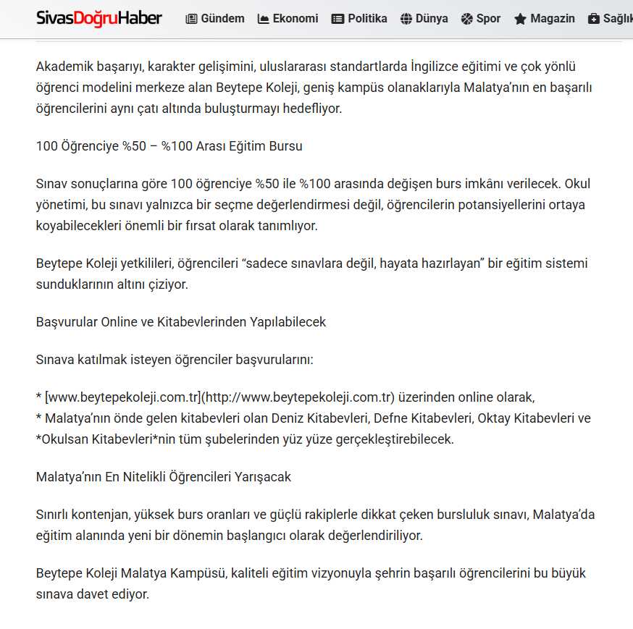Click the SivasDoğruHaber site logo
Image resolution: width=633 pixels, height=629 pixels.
pyautogui.click(x=99, y=18)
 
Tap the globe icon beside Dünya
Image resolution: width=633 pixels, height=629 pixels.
pyautogui.click(x=406, y=19)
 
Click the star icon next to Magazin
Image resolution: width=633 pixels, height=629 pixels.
pyautogui.click(x=520, y=19)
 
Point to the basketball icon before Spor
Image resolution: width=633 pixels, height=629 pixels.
pyautogui.click(x=466, y=19)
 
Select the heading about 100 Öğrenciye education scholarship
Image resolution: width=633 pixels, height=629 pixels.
pyautogui.click(x=169, y=146)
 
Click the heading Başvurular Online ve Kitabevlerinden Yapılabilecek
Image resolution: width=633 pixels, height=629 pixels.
pyautogui.click(x=181, y=322)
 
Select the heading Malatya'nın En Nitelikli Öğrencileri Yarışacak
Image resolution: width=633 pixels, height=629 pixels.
pyautogui.click(x=164, y=477)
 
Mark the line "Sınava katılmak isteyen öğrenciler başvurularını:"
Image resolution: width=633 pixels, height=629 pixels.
pyautogui.click(x=175, y=360)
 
